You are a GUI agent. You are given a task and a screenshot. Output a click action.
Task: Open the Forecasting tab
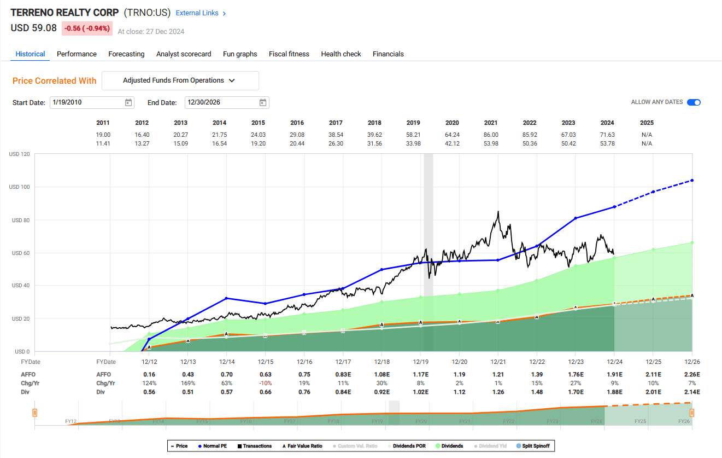[126, 54]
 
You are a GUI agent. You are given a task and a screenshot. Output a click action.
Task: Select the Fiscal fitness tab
[289, 54]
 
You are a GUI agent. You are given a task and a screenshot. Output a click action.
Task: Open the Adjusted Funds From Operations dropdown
[180, 80]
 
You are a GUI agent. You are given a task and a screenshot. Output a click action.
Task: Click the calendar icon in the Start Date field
[128, 102]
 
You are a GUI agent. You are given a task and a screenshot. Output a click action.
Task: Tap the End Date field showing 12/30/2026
[221, 102]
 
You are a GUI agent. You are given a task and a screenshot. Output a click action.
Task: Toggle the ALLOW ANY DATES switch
[694, 102]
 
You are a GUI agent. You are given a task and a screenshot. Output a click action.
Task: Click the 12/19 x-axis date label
[420, 362]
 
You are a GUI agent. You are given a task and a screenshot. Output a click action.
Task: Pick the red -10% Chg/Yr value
[265, 383]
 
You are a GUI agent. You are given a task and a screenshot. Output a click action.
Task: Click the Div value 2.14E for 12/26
[692, 392]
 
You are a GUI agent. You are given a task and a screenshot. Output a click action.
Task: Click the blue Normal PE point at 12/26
[692, 180]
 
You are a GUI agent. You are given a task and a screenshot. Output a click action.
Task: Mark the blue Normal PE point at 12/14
[226, 298]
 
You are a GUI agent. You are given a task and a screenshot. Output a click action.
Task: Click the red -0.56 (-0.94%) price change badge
[87, 28]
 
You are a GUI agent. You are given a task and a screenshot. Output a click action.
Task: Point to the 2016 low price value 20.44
[297, 143]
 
